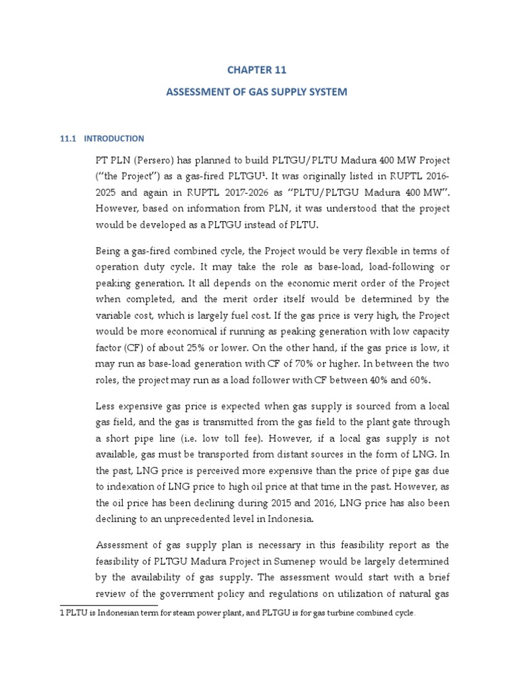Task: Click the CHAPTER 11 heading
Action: point(255,68)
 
